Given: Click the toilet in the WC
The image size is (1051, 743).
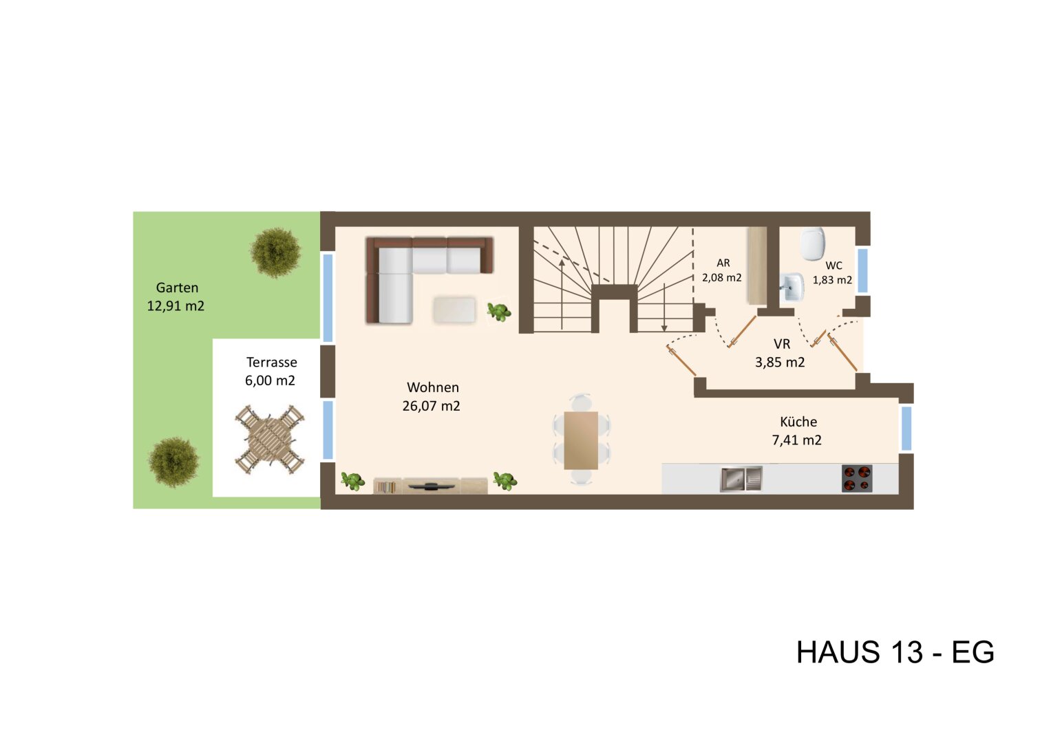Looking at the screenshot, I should coord(813,242).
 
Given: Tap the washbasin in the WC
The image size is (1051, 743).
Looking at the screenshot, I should coord(794,287).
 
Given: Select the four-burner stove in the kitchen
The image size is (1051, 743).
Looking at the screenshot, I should coord(857,478).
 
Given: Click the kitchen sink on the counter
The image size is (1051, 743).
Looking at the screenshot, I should coord(741,479).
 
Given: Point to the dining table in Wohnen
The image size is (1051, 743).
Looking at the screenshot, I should coord(581,440).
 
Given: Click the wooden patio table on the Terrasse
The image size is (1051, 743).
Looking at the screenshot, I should coord(269,440).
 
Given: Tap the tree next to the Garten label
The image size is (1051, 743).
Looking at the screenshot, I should coord(275,252).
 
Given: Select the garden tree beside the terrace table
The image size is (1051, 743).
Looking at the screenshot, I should coord(173,462).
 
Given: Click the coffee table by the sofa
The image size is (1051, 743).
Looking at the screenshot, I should coord(454,310).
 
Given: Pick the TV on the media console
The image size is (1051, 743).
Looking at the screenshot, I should coord(431,486).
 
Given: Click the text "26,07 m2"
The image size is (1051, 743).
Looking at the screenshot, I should coord(432,406).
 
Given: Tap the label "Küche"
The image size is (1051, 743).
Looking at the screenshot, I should coord(798,422).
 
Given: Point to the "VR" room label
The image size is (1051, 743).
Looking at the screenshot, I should coord(782,344).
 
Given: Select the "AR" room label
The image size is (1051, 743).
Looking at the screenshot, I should coord(723,263).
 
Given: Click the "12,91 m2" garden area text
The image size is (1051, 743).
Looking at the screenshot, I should coord(176,306).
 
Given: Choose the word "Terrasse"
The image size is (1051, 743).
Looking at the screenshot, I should coord(272,363).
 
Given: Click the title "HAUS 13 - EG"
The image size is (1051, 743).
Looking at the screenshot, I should coord(895,652).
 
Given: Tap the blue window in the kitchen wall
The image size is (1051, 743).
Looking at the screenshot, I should coord(906,428).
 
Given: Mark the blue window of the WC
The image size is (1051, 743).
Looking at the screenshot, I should coord(862,270).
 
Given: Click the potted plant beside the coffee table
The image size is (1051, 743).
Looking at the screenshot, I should coord(499,312).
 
